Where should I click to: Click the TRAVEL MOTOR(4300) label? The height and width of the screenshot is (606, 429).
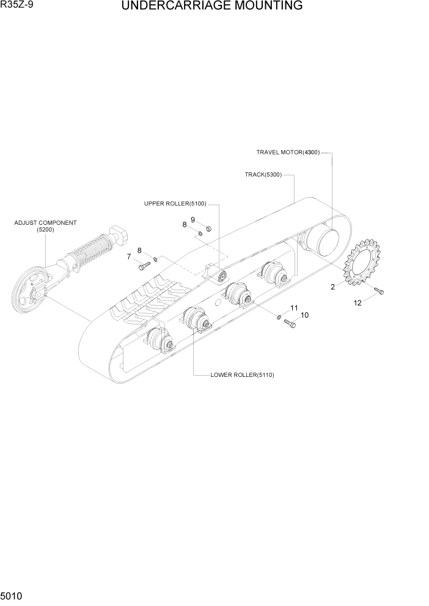point(287,153)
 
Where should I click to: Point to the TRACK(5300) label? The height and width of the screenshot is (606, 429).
point(263,175)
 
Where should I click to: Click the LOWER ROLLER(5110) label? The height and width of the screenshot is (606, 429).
point(242,375)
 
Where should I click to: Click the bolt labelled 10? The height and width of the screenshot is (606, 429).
point(290,324)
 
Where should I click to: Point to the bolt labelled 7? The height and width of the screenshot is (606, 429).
point(144,266)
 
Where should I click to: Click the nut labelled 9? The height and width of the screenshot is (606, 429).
point(208,229)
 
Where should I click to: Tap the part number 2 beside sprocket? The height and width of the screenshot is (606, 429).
point(332,287)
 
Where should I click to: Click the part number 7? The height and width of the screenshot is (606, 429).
point(129,257)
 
